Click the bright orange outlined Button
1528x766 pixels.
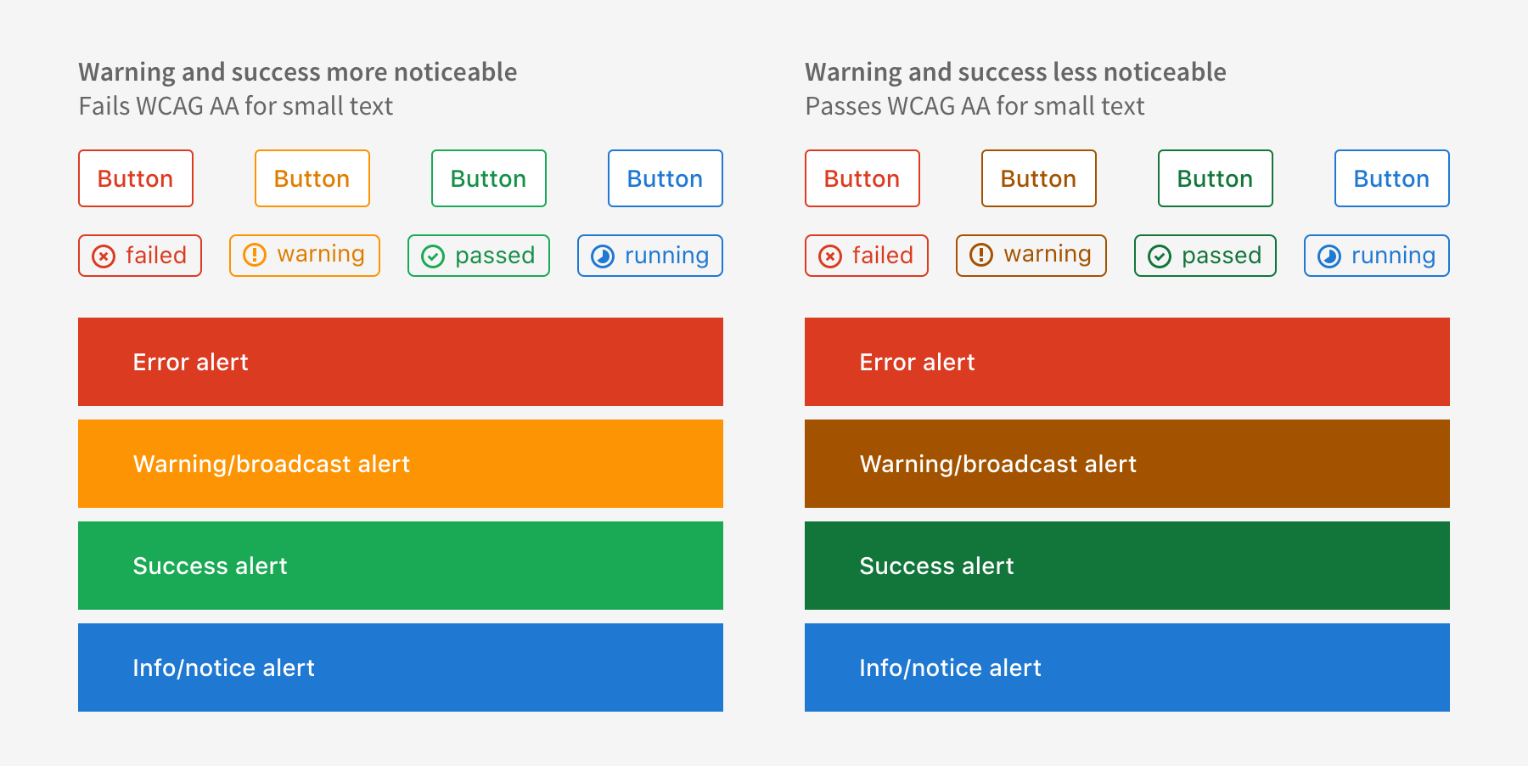pyautogui.click(x=312, y=178)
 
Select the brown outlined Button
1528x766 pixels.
pyautogui.click(x=1039, y=178)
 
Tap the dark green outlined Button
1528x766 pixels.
pyautogui.click(x=1216, y=178)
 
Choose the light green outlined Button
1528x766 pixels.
pyautogui.click(x=489, y=178)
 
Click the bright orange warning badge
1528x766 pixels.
pyautogui.click(x=305, y=256)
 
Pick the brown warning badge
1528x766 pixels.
pyautogui.click(x=1031, y=256)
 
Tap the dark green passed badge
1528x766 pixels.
pyautogui.click(x=1205, y=256)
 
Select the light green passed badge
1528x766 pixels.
pyautogui.click(x=479, y=256)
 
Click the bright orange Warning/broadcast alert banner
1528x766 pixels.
pyautogui.click(x=401, y=464)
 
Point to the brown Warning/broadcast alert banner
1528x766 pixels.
pyautogui.click(x=1127, y=464)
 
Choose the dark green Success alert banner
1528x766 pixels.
pyautogui.click(x=1127, y=566)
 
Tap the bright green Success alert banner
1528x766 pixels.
pyautogui.click(x=401, y=566)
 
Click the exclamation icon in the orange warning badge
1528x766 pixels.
pyautogui.click(x=255, y=255)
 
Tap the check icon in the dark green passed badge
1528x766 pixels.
pyautogui.click(x=1160, y=256)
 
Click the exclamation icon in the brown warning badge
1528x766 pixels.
pyautogui.click(x=981, y=255)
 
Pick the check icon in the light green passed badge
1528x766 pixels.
pyautogui.click(x=433, y=256)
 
